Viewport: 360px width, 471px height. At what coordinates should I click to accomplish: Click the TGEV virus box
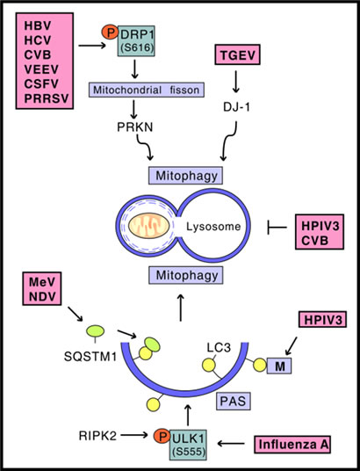click(237, 54)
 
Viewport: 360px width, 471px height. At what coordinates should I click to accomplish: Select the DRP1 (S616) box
click(137, 40)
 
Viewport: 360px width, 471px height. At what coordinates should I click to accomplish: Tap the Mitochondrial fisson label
click(147, 90)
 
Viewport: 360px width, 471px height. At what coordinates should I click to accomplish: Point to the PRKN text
click(135, 127)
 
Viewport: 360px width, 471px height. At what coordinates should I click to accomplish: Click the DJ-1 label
click(236, 107)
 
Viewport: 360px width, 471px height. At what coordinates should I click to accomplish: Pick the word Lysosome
click(213, 226)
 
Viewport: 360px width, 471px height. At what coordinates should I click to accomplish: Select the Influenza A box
click(292, 445)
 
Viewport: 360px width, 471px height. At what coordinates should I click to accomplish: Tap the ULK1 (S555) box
click(189, 445)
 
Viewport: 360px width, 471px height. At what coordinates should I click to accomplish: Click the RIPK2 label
click(97, 436)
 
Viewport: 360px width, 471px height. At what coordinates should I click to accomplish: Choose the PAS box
click(233, 402)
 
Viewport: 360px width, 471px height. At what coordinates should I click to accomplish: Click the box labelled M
click(279, 366)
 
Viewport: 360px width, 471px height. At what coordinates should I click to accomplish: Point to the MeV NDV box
click(42, 289)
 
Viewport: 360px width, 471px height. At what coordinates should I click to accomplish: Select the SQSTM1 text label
click(90, 357)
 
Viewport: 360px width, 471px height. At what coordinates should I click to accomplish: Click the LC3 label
click(219, 348)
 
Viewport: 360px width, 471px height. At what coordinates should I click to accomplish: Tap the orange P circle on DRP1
click(111, 33)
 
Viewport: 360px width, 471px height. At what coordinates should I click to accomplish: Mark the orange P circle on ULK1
click(162, 436)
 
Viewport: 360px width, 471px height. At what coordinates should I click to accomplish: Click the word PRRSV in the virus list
click(47, 98)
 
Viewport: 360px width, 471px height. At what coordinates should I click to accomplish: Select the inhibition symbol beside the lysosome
click(277, 228)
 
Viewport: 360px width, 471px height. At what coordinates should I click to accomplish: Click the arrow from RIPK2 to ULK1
click(134, 434)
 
